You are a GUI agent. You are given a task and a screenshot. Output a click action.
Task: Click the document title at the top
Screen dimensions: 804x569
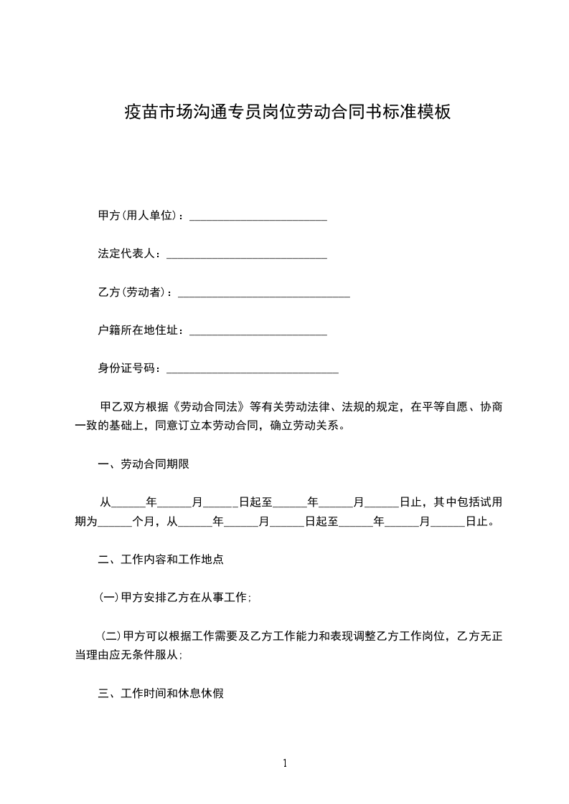tap(287, 113)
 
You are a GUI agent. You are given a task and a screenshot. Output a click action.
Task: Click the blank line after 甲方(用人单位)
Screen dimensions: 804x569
tap(258, 216)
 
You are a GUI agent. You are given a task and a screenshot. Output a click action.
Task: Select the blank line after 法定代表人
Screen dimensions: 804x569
tap(246, 255)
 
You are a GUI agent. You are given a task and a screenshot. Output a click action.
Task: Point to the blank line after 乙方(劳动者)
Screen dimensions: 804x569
tap(263, 294)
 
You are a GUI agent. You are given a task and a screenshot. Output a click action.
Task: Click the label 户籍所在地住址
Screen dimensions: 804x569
tap(141, 331)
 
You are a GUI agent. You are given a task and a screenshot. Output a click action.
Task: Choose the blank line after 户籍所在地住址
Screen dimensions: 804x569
tap(258, 332)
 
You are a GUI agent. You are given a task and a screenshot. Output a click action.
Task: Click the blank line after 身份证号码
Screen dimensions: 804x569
tap(252, 370)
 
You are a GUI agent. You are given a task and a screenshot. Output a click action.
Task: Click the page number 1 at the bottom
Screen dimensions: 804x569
tap(285, 764)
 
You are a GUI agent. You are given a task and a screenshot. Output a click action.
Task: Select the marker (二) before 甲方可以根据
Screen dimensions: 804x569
tap(111, 636)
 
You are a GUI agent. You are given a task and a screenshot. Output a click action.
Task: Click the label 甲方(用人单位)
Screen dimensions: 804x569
tap(141, 216)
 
